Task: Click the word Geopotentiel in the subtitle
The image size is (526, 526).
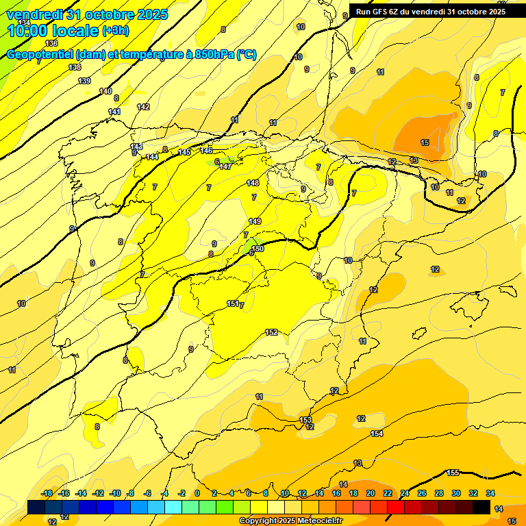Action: point(39,55)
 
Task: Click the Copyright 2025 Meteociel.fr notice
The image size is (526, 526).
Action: point(290,521)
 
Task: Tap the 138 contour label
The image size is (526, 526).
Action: point(75,67)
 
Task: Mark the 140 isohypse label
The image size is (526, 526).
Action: point(105,91)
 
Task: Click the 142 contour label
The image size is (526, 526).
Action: point(143,107)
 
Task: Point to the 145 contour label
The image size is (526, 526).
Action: point(184,152)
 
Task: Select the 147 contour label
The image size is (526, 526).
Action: point(225,166)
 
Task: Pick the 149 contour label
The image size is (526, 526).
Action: point(255,221)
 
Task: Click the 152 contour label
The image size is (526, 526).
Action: point(271,332)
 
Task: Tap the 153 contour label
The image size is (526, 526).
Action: point(306,420)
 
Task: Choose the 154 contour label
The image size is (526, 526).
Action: point(377,434)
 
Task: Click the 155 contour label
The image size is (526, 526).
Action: point(453,473)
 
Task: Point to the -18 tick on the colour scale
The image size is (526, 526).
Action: point(47,493)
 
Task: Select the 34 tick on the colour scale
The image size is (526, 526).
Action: point(490,493)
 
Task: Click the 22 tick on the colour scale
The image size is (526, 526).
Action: point(388,493)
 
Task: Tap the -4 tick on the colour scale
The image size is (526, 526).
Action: point(164,493)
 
